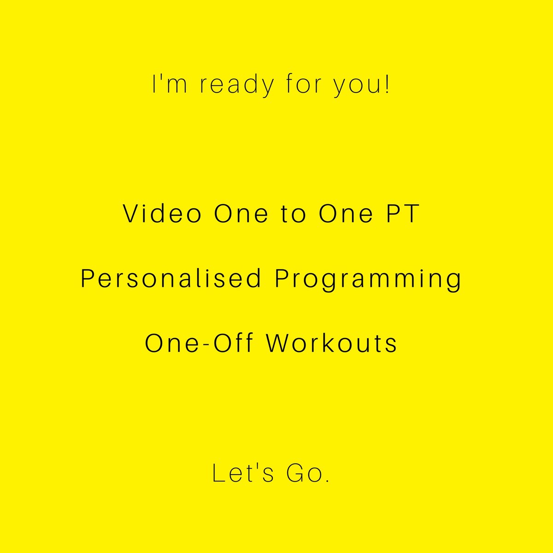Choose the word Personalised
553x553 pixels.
tap(171, 278)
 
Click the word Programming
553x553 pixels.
tap(368, 280)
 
